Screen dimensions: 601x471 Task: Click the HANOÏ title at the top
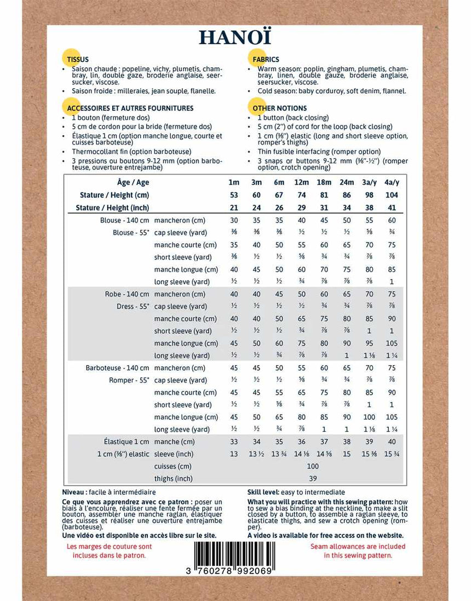click(235, 37)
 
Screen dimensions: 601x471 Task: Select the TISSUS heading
click(78, 59)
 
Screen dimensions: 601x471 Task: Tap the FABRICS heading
click(266, 59)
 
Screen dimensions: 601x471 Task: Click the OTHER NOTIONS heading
click(280, 108)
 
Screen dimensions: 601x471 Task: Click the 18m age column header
click(324, 182)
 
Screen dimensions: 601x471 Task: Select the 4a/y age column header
click(392, 182)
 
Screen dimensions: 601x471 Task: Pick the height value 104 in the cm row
click(392, 195)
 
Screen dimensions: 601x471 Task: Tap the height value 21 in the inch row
click(234, 207)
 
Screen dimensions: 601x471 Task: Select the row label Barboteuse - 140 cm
click(117, 368)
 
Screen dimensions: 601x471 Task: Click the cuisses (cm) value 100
click(313, 466)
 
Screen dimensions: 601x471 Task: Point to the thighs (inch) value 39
click(313, 478)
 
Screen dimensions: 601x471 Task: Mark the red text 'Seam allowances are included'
click(358, 546)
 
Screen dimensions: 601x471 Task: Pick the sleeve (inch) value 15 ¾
click(392, 454)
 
